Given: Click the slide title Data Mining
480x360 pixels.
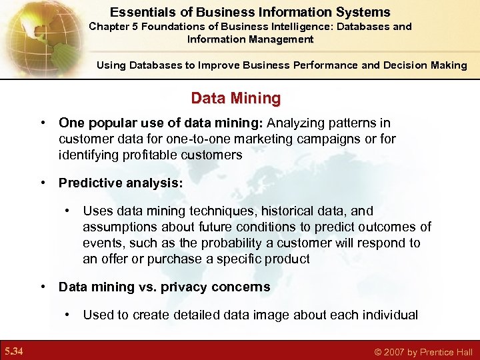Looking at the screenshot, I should (236, 99).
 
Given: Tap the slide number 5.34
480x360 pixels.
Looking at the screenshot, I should (14, 351).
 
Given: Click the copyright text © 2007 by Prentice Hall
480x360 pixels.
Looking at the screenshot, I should (423, 352).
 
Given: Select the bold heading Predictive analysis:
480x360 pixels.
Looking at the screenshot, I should (120, 183).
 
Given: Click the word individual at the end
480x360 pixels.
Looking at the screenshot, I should (388, 315).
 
